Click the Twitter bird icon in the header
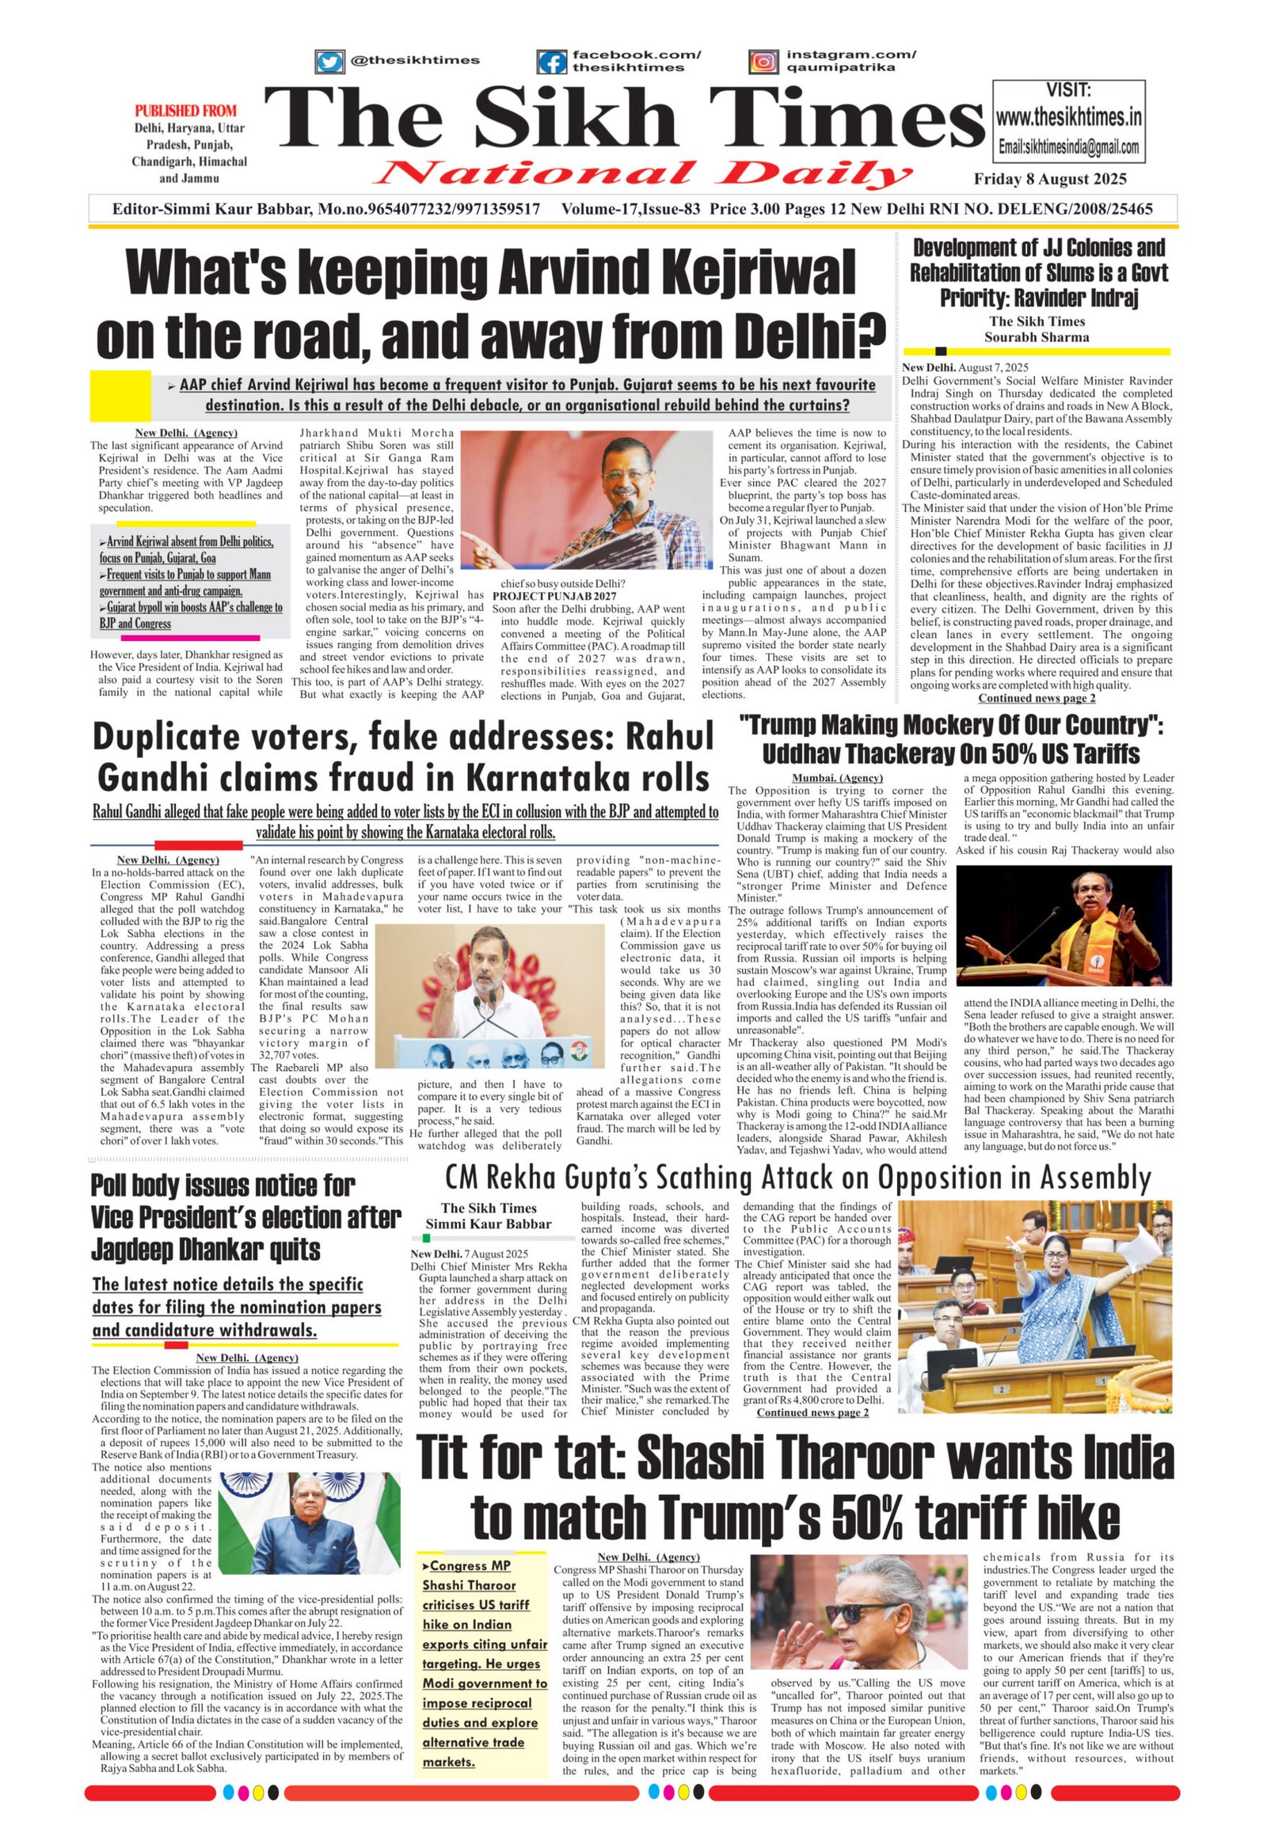pos(329,61)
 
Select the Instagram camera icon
pos(763,61)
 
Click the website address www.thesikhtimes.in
pos(1068,118)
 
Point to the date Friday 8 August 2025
pos(1049,180)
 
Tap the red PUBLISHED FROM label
pos(186,110)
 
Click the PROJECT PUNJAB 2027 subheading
pos(554,595)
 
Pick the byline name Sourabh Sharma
pos(1036,337)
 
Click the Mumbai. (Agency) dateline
pos(837,779)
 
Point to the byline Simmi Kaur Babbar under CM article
pos(489,1224)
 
